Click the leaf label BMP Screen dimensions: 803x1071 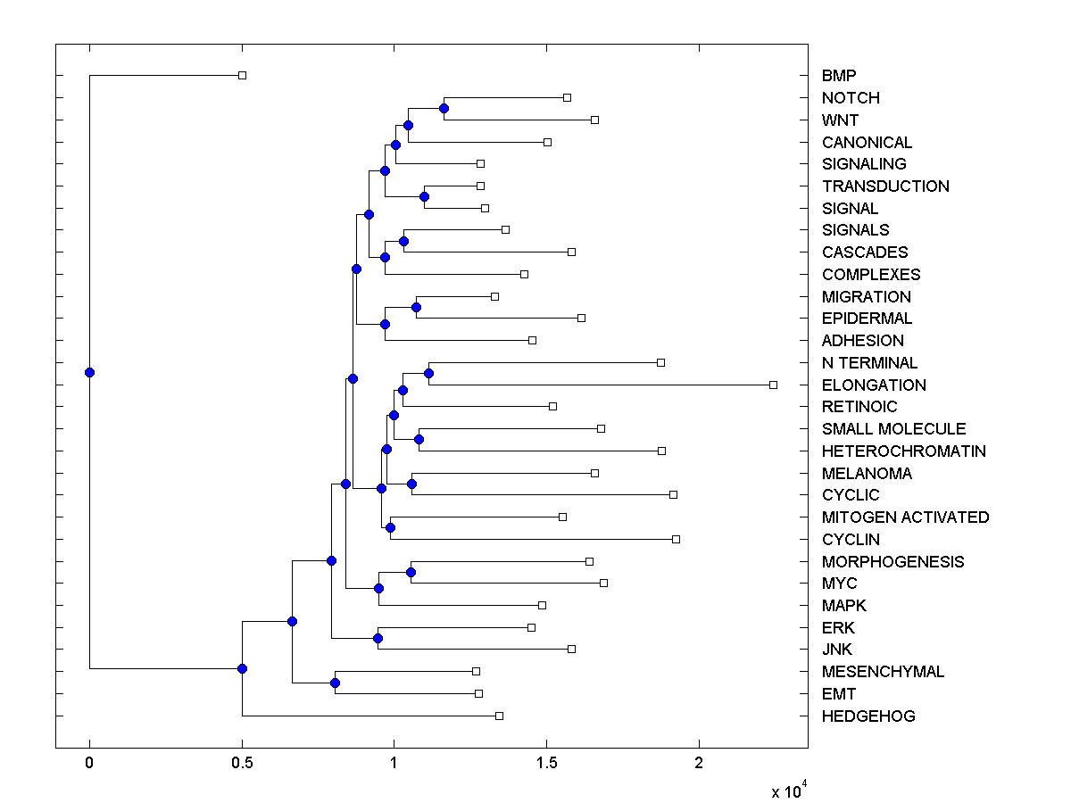click(x=839, y=76)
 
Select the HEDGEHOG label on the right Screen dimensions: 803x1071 click(x=868, y=716)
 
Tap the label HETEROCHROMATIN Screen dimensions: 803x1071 click(x=904, y=451)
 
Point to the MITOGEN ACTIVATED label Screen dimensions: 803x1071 click(x=905, y=517)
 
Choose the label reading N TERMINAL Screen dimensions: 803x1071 click(x=869, y=363)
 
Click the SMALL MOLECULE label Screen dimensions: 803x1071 click(x=893, y=429)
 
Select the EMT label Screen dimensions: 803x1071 click(x=839, y=694)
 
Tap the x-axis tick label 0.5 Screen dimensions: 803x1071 click(x=242, y=763)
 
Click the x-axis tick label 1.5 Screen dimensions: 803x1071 click(x=547, y=763)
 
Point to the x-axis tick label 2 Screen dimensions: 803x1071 click(x=699, y=763)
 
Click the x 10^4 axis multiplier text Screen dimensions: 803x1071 click(x=790, y=791)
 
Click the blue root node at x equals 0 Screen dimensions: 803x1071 click(x=89, y=373)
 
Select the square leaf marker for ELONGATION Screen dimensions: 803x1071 click(x=773, y=385)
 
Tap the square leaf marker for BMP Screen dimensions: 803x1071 click(x=242, y=76)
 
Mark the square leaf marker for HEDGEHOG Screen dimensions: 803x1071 click(x=499, y=716)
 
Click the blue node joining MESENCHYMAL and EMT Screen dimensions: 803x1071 click(x=335, y=683)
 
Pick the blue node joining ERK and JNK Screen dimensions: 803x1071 click(x=378, y=639)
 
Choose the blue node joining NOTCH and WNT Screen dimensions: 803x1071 click(x=444, y=109)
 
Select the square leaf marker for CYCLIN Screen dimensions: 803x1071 click(x=676, y=539)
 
